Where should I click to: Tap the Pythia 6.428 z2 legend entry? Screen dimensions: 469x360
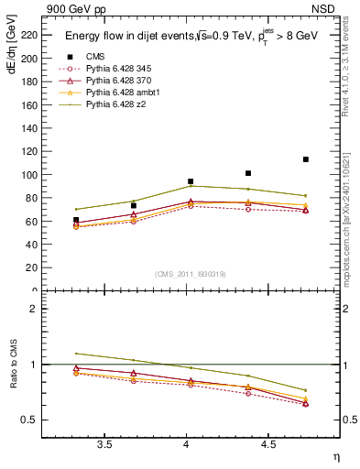pos(114,104)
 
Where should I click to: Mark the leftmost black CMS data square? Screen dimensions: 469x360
pos(76,220)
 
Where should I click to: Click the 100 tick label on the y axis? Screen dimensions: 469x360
pos(29,175)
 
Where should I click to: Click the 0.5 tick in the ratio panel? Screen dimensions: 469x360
pos(29,420)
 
